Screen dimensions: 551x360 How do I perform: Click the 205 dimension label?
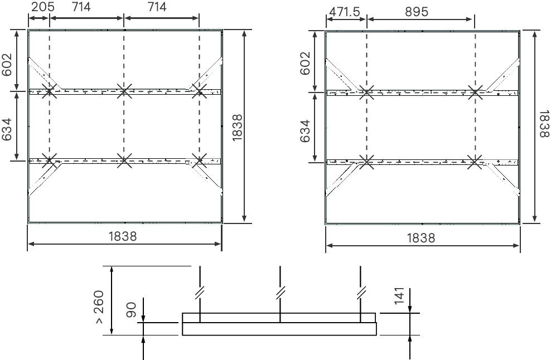click(42, 7)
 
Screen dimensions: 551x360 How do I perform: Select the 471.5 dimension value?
click(345, 12)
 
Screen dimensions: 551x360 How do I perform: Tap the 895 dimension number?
click(417, 12)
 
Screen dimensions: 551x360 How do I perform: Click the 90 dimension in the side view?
click(131, 310)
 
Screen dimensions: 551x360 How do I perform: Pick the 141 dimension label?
click(399, 296)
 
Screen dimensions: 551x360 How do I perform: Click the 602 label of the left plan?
click(7, 65)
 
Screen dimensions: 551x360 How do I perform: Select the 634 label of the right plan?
click(305, 131)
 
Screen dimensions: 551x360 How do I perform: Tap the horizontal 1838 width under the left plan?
click(123, 236)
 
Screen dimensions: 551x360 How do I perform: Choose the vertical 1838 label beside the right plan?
click(544, 124)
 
